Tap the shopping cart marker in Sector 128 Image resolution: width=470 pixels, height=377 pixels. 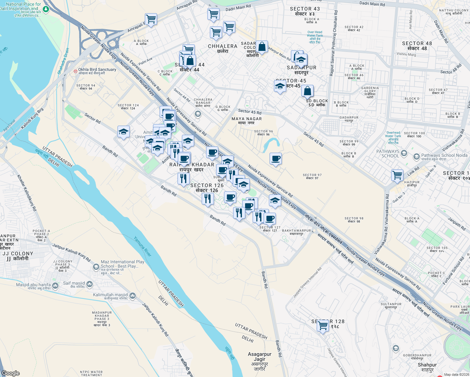[x=323, y=326]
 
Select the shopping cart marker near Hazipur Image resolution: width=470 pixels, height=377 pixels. [x=397, y=175]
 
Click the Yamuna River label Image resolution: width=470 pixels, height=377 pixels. [x=143, y=246]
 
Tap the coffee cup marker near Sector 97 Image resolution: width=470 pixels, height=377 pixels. [x=276, y=159]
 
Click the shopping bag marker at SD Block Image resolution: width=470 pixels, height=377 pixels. [x=308, y=91]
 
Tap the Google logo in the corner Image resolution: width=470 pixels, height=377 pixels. [x=11, y=373]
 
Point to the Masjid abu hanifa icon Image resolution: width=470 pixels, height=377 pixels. [x=55, y=286]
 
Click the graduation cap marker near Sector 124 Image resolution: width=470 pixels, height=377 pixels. [x=123, y=132]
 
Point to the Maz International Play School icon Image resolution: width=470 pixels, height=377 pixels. [x=96, y=267]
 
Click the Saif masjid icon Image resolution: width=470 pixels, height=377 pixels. [x=90, y=284]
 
